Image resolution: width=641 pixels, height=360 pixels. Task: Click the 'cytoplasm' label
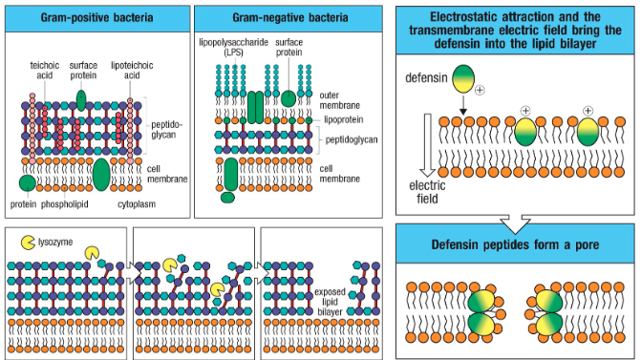pyautogui.click(x=136, y=203)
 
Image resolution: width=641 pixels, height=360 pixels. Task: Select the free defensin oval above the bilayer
pyautogui.click(x=463, y=78)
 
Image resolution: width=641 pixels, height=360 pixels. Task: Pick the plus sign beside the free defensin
pyautogui.click(x=480, y=90)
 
